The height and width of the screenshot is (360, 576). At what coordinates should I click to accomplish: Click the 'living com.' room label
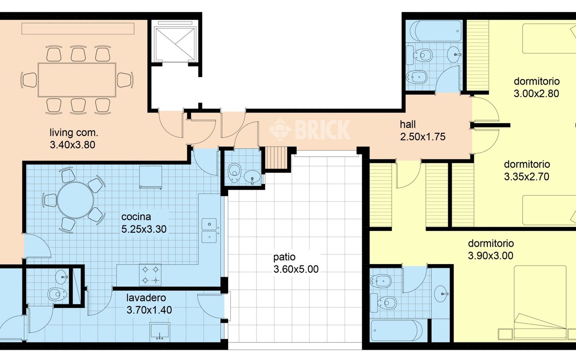(74, 133)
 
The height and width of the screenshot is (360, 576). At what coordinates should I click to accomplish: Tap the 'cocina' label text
(136, 217)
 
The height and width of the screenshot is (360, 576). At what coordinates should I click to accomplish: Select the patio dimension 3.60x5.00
(296, 269)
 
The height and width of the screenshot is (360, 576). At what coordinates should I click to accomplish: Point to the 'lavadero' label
(146, 298)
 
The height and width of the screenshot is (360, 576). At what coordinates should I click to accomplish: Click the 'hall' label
(408, 125)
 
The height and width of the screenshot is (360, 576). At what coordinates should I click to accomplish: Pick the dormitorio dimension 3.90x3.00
(490, 256)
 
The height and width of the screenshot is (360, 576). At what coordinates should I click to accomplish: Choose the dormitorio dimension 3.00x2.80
(536, 93)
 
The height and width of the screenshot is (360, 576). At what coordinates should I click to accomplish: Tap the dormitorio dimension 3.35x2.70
(526, 177)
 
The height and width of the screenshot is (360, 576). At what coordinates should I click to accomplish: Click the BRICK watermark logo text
(323, 130)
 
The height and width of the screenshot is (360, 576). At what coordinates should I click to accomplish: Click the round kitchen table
(76, 200)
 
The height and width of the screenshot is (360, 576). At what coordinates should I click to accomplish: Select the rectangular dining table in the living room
(77, 80)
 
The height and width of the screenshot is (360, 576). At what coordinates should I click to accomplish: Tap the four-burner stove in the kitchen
(150, 274)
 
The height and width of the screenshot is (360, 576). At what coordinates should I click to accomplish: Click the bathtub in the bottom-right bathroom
(396, 331)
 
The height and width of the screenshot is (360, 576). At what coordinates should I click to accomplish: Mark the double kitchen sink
(209, 230)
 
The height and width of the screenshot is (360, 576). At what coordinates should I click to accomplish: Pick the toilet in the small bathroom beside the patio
(234, 173)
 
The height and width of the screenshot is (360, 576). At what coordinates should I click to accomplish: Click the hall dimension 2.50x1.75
(423, 137)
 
